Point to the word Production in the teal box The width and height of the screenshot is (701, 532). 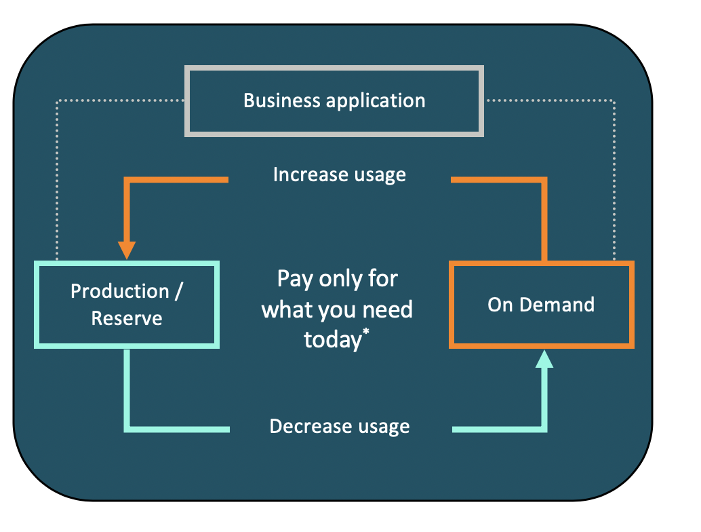click(x=120, y=291)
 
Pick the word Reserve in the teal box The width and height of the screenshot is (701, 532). click(x=127, y=318)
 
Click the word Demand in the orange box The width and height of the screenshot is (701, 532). click(x=557, y=305)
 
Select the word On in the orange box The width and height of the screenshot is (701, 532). click(x=500, y=305)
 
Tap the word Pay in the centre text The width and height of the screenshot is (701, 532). click(x=295, y=280)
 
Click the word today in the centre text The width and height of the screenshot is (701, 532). click(x=333, y=339)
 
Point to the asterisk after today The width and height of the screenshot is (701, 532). click(x=366, y=332)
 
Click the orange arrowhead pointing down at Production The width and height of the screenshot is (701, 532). click(x=127, y=250)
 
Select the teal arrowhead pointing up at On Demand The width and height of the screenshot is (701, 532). click(x=544, y=359)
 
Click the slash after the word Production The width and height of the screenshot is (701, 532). click(x=179, y=291)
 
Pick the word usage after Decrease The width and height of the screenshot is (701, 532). click(x=384, y=427)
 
